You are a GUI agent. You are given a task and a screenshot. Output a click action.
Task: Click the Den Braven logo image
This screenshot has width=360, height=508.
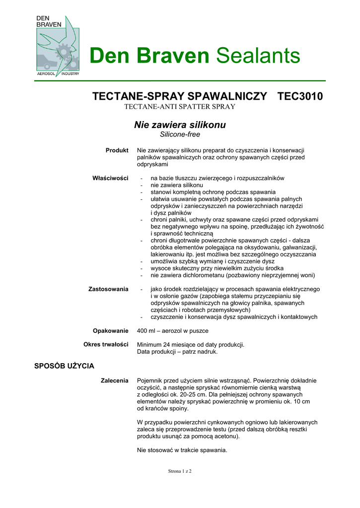click(58, 46)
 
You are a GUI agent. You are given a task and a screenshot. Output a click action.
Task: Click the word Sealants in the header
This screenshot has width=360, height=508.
click(258, 56)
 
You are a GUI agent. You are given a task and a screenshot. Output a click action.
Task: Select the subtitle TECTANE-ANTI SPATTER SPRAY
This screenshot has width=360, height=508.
click(179, 107)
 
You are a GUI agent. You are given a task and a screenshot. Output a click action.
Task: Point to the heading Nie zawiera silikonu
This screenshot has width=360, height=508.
click(180, 125)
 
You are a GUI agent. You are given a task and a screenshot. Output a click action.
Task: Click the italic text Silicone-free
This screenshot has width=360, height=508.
click(180, 134)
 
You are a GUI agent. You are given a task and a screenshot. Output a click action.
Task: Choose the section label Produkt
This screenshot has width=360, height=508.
click(117, 150)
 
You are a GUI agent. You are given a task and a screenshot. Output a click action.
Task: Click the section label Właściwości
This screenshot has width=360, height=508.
click(111, 178)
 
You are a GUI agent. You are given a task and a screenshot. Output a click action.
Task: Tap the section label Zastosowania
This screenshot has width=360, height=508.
click(108, 289)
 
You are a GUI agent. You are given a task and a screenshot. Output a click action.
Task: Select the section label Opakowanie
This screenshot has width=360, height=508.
click(111, 330)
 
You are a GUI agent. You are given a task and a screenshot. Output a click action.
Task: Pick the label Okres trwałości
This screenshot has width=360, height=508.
click(106, 344)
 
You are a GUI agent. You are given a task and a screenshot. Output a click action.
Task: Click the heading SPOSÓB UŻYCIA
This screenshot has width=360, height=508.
click(64, 366)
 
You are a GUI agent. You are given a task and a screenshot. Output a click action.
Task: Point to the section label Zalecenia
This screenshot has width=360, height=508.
click(114, 380)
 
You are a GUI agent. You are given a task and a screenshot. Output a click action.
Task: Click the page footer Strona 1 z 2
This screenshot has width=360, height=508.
click(179, 471)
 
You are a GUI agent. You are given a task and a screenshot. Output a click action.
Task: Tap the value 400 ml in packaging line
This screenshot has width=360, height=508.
click(147, 330)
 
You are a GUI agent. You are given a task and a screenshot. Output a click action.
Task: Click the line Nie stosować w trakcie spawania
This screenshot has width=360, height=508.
click(182, 450)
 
